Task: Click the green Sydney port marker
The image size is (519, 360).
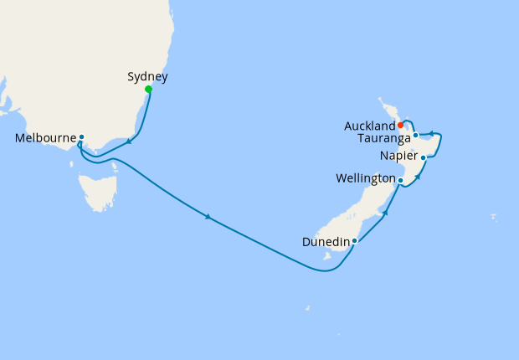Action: (x=148, y=90)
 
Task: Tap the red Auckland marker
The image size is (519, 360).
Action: (x=401, y=126)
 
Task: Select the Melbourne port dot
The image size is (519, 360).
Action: (x=81, y=136)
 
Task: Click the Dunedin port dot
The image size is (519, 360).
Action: (x=355, y=241)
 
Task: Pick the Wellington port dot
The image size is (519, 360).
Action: (x=401, y=180)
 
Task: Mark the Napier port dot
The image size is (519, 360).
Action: (x=424, y=157)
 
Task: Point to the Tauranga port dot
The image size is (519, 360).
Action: (x=415, y=135)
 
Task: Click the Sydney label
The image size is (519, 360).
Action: (x=147, y=77)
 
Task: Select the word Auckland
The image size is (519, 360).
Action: (x=369, y=126)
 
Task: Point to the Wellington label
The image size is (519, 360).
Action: (x=365, y=179)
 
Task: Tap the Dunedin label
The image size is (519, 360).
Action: (x=326, y=242)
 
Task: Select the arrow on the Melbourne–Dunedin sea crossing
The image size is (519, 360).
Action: (x=208, y=217)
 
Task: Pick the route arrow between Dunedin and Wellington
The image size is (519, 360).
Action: (x=385, y=213)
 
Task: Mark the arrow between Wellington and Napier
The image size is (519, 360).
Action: (x=417, y=177)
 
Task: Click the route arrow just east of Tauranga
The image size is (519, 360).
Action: (x=430, y=132)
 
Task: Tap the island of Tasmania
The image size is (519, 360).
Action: (x=100, y=190)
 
